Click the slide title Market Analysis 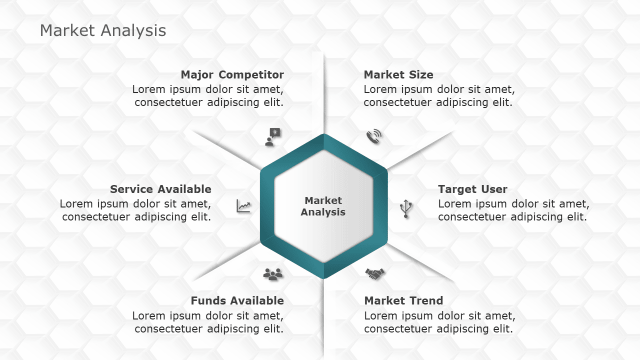pos(103,30)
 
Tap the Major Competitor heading pos(232,75)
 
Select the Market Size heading pos(398,75)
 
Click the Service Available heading pos(160,189)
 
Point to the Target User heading pos(472,189)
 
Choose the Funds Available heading pos(237,301)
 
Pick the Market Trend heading pos(403,301)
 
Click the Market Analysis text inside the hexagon pos(323,206)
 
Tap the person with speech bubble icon pos(272,136)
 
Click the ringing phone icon pos(373,136)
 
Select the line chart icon pos(243,206)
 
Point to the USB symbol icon pos(406,209)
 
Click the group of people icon pos(273,273)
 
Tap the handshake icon pos(375,273)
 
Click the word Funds pos(206,301)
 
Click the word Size pos(422,75)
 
